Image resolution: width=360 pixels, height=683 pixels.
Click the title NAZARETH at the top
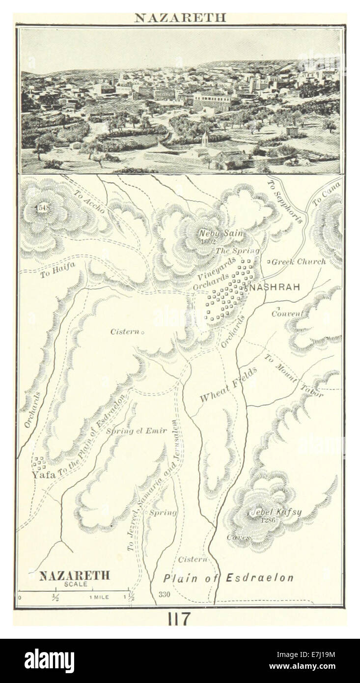click(180, 18)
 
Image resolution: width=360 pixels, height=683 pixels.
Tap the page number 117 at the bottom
click(180, 619)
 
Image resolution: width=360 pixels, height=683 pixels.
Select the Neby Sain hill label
click(221, 233)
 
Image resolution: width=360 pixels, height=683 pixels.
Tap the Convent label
click(287, 313)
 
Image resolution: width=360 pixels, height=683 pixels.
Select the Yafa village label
click(44, 475)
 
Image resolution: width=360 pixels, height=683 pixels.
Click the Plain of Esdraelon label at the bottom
click(228, 578)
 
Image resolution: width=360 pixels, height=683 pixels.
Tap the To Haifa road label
click(57, 270)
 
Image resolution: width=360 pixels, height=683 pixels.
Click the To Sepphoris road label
click(284, 201)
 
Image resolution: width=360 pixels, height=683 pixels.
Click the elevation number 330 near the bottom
click(164, 595)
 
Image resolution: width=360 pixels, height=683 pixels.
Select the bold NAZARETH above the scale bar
click(74, 576)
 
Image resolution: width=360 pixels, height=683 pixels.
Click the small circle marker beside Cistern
click(142, 333)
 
